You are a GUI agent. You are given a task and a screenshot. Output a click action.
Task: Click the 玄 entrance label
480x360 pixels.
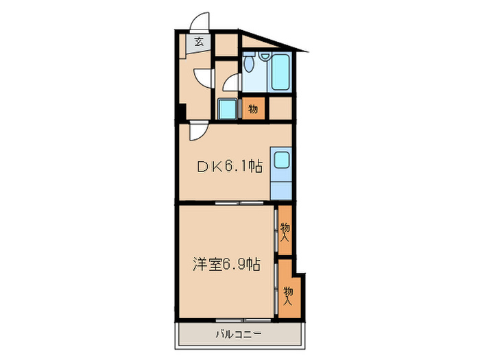click(198, 43)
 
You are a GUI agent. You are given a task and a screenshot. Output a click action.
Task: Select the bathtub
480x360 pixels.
click(280, 73)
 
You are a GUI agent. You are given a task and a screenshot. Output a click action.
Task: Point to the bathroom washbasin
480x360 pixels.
click(226, 108)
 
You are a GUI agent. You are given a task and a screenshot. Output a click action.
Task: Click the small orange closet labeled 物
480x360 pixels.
click(253, 109)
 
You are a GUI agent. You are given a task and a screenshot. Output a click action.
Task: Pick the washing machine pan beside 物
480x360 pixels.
click(226, 108)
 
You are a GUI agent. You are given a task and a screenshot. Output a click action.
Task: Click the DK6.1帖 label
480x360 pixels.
click(230, 165)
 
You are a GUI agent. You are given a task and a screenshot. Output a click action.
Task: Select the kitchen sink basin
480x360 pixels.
click(282, 161)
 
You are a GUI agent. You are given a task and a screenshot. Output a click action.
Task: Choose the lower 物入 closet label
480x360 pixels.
click(289, 296)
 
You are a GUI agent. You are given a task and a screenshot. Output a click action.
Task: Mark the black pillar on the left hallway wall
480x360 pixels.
click(180, 112)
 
